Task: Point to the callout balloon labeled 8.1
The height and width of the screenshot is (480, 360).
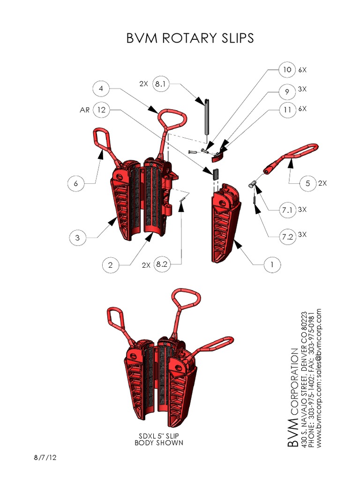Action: [x=161, y=84]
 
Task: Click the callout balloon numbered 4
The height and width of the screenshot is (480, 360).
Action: [x=101, y=88]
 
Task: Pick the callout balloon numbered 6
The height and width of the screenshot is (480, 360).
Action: [x=76, y=183]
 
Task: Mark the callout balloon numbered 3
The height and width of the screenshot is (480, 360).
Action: [x=78, y=238]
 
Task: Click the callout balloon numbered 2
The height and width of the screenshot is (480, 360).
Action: [x=111, y=265]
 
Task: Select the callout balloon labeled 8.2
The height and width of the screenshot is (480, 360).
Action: [x=162, y=265]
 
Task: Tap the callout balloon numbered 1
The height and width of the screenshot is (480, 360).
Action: [x=271, y=265]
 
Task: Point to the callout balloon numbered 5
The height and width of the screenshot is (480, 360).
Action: [x=307, y=183]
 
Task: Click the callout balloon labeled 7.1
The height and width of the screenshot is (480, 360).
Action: [x=287, y=210]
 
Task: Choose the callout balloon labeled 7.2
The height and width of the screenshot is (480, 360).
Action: [x=287, y=237]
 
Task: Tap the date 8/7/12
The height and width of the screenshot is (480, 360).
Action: [x=48, y=457]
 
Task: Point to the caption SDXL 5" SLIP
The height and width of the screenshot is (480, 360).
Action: [x=159, y=436]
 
